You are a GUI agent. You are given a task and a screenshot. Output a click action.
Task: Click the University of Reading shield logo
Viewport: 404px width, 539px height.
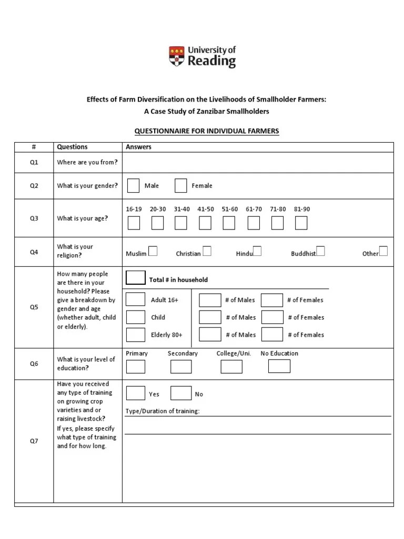click(177, 56)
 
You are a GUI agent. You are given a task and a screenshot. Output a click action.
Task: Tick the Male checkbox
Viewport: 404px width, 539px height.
click(134, 186)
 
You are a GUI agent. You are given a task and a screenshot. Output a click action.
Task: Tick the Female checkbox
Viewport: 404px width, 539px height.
click(181, 186)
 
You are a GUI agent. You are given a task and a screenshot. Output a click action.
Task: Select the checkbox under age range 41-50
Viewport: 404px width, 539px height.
click(205, 223)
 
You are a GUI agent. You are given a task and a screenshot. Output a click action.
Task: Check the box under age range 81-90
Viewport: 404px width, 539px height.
click(301, 223)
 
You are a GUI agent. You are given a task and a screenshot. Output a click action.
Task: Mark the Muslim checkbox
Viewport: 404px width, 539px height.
click(153, 251)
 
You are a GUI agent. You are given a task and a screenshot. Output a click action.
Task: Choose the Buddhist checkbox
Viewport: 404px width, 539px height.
click(320, 251)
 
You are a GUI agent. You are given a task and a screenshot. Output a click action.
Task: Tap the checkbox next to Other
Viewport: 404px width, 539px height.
click(383, 251)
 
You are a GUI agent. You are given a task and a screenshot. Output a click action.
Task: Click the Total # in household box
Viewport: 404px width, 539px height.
click(136, 278)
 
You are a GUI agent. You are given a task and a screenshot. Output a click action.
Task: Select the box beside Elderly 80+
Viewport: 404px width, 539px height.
click(136, 335)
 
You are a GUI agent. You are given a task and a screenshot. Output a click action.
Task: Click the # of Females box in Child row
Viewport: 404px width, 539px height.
click(272, 317)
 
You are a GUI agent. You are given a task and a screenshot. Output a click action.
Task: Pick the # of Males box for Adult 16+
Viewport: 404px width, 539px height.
click(210, 300)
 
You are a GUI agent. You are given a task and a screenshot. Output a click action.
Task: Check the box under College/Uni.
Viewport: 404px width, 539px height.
click(231, 366)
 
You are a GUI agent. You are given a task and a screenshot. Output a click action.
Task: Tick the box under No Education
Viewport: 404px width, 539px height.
click(279, 366)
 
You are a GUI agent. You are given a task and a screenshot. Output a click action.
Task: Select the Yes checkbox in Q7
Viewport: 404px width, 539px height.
click(136, 393)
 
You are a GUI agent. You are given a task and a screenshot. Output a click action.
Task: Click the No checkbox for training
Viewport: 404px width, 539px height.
click(181, 393)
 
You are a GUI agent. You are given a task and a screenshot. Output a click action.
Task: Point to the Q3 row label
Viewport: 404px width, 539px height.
click(34, 218)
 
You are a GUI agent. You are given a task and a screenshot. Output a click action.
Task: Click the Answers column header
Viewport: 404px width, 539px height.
click(138, 147)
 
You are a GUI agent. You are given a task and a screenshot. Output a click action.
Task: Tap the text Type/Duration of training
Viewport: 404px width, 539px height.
click(163, 411)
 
